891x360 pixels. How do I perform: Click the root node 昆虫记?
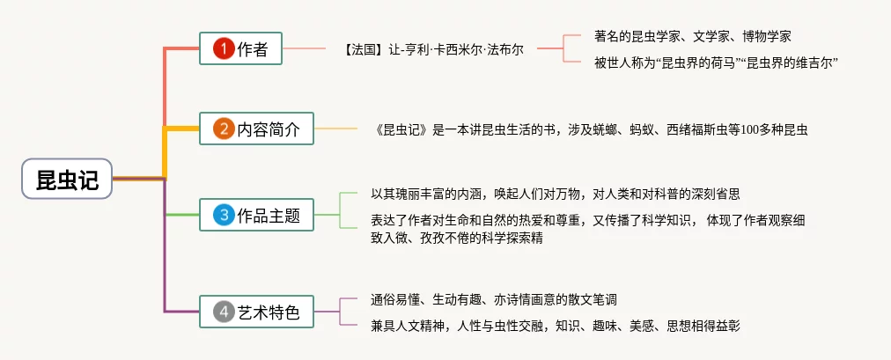point(67,179)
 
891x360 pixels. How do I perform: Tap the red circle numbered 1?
point(224,49)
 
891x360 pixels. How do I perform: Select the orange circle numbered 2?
point(224,130)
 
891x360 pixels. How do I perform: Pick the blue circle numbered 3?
point(224,214)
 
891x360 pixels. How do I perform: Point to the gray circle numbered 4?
point(224,312)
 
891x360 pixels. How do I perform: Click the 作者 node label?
point(253,49)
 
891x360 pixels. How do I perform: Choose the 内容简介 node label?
point(269,130)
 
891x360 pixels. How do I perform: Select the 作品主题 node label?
point(269,214)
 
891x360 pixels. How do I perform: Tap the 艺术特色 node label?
point(269,312)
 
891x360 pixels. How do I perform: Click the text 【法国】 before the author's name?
point(362,50)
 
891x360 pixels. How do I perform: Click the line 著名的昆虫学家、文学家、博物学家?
point(693,36)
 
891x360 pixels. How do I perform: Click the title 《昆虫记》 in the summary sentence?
point(403,129)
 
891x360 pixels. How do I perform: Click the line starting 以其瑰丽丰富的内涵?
point(561,193)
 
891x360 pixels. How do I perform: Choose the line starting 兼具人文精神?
point(556,327)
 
